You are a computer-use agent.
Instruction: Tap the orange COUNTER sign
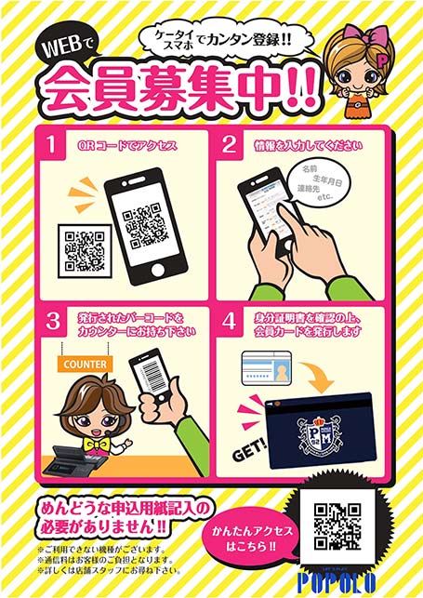[86, 364]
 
